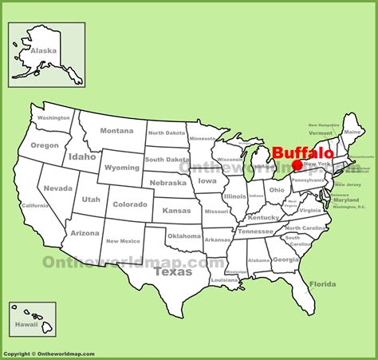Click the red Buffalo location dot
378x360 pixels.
(x=297, y=166)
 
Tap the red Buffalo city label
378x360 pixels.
(x=303, y=152)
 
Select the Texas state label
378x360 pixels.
(x=172, y=271)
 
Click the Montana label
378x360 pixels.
(x=116, y=131)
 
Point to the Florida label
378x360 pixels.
(x=322, y=283)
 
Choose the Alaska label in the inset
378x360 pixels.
(x=43, y=50)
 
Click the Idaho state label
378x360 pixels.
(x=82, y=156)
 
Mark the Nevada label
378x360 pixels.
(x=57, y=188)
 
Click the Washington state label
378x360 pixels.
(x=53, y=118)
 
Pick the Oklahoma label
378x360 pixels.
(x=183, y=236)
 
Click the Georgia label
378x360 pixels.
(x=285, y=259)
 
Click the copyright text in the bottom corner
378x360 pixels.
(x=48, y=354)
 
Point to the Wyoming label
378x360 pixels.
(x=121, y=168)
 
